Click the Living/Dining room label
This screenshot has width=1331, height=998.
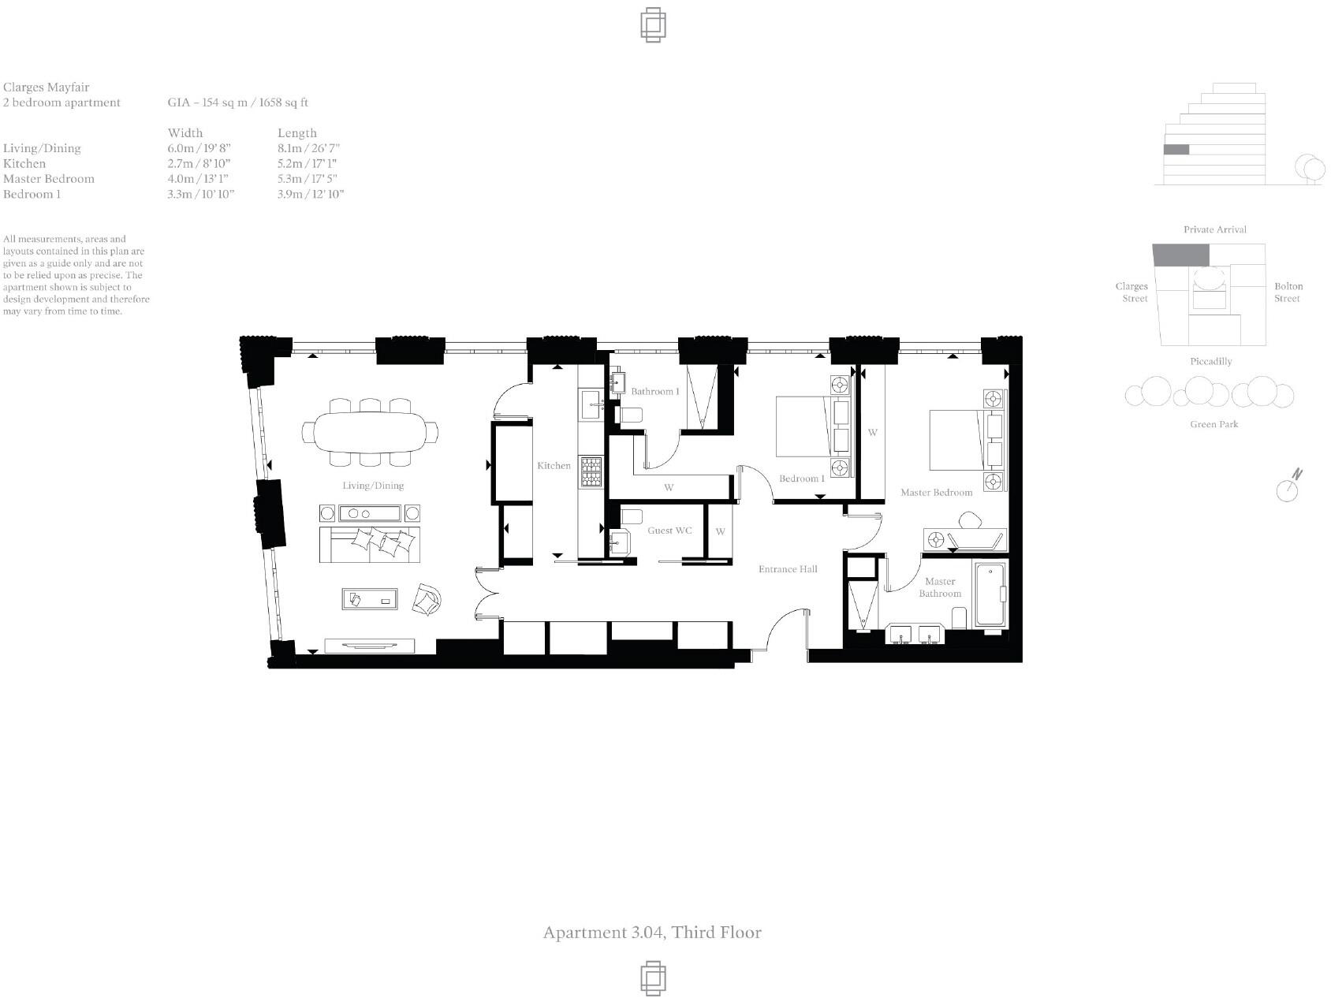tap(372, 486)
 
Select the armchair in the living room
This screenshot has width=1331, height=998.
tap(427, 601)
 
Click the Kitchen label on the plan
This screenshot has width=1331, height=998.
tap(554, 466)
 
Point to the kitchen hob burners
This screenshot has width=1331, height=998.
tap(591, 473)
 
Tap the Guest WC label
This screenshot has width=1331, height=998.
tap(669, 531)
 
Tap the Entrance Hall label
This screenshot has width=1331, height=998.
tap(788, 569)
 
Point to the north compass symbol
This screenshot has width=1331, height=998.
tap(1288, 487)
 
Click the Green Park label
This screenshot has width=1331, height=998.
tap(1214, 424)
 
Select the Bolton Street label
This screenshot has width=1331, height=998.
tap(1288, 292)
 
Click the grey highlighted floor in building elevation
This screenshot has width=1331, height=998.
tap(1176, 150)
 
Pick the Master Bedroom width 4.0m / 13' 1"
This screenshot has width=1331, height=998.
tap(198, 179)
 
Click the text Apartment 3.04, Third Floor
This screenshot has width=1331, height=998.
tap(652, 933)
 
